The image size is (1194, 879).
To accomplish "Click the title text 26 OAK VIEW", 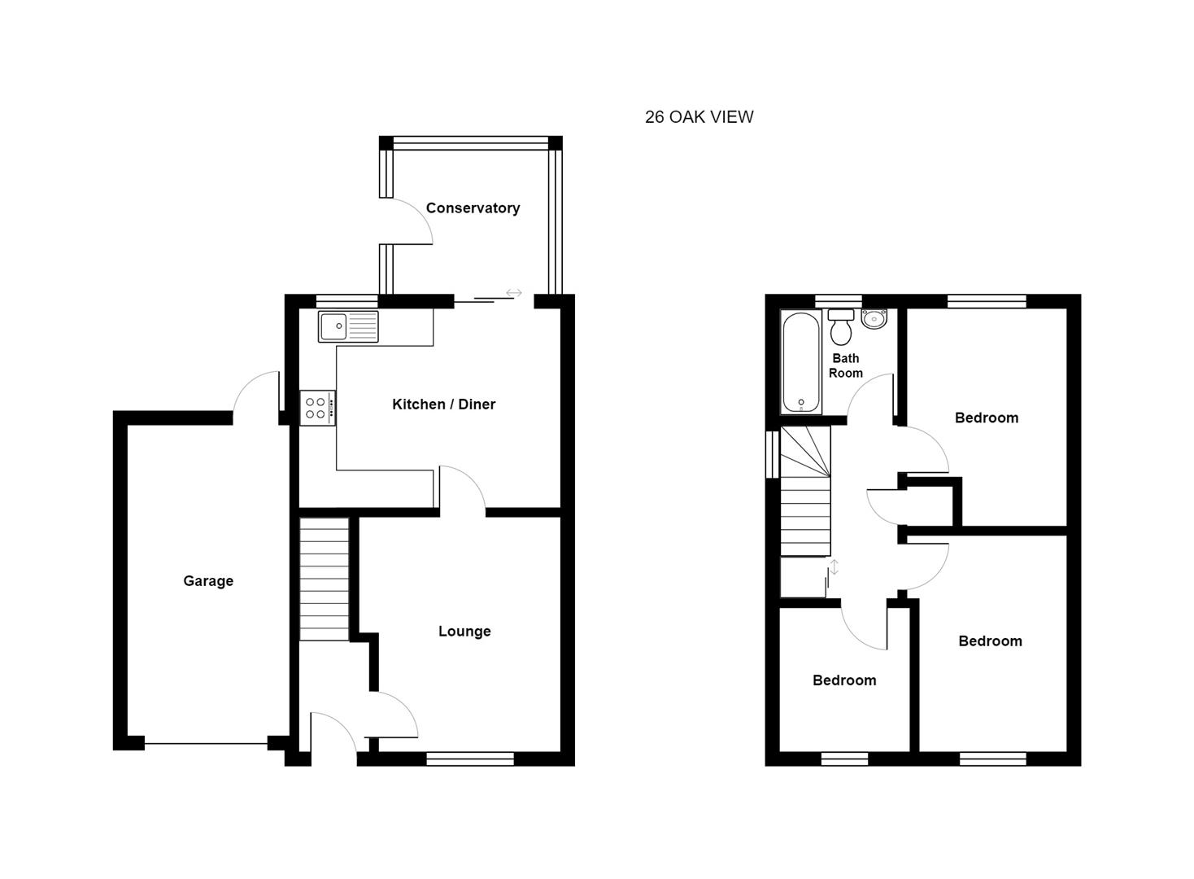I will pyautogui.click(x=699, y=117).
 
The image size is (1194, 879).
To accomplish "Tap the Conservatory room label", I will pyautogui.click(x=473, y=208).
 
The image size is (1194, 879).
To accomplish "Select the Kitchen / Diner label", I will pyautogui.click(x=443, y=405).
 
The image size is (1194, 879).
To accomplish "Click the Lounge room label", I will pyautogui.click(x=464, y=632).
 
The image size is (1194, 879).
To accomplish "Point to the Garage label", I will pyautogui.click(x=208, y=581).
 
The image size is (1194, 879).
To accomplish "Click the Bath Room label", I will pyautogui.click(x=846, y=366).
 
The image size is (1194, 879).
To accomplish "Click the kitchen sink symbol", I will pyautogui.click(x=348, y=327).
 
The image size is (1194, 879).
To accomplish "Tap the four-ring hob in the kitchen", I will pyautogui.click(x=316, y=409).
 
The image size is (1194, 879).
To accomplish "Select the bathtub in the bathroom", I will pyautogui.click(x=800, y=362).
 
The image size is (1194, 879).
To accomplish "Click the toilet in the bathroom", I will pyautogui.click(x=841, y=328).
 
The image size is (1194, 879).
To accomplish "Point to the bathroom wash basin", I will pyautogui.click(x=874, y=318).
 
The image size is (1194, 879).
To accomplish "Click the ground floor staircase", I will pyautogui.click(x=324, y=579).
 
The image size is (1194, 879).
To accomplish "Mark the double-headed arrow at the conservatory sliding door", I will pyautogui.click(x=513, y=293).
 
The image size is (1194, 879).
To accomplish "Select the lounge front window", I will pyautogui.click(x=470, y=759).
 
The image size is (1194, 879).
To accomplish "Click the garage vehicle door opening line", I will pyautogui.click(x=206, y=743).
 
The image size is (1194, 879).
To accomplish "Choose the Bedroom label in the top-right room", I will pyautogui.click(x=986, y=418).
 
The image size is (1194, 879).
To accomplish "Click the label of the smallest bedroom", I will pyautogui.click(x=844, y=680).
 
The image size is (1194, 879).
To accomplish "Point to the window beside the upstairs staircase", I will pyautogui.click(x=772, y=453).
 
